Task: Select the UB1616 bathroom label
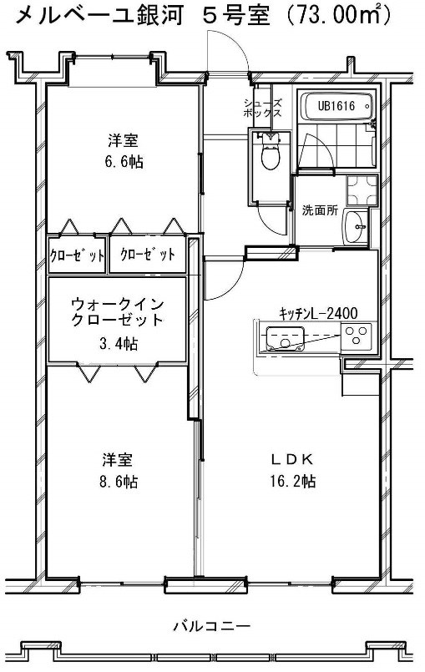coord(336,106)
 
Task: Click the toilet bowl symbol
coord(269,154)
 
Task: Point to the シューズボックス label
coord(262,109)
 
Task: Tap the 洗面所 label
coord(319,210)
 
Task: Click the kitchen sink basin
coord(285,340)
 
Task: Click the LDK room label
coord(292,458)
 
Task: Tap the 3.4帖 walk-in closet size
coord(116,343)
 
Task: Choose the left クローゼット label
coord(78,255)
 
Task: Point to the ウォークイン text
coord(116,304)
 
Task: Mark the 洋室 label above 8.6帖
coord(115,459)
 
